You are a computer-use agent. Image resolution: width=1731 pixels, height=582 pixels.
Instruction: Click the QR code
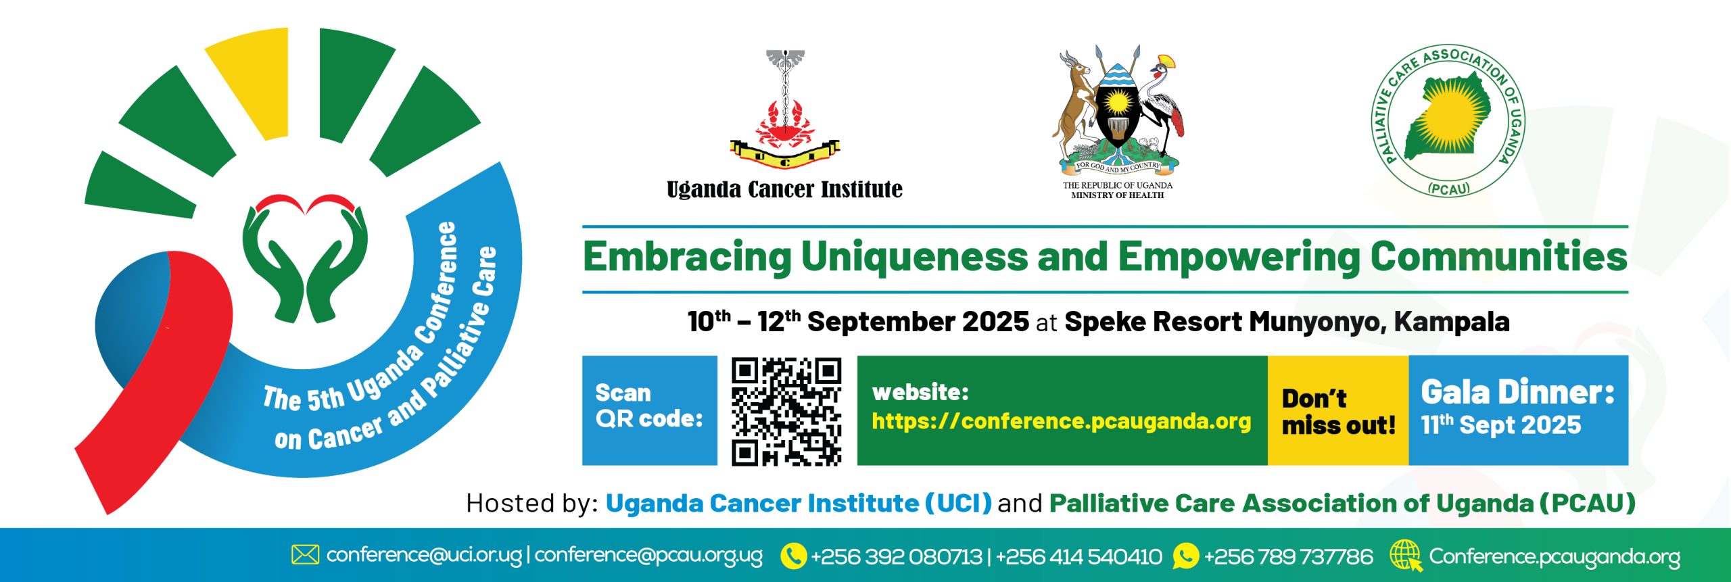point(786,411)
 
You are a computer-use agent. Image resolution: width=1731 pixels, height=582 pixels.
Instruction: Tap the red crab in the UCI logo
point(785,124)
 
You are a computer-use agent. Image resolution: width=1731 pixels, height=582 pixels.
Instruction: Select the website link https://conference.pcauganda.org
point(1061,421)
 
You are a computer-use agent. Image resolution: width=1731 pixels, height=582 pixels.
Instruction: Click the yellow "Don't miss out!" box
point(1337,410)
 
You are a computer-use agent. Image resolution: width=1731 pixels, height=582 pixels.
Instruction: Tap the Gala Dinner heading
point(1517,392)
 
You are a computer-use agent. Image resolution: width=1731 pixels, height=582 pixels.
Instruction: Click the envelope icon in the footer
point(305,555)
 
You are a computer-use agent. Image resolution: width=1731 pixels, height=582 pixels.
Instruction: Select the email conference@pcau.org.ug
point(648,556)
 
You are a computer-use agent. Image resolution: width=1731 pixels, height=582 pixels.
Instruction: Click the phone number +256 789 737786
point(1289,556)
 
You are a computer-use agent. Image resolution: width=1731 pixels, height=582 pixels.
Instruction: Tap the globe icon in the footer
point(1406,556)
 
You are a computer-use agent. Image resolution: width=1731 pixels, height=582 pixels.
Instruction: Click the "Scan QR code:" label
point(649,406)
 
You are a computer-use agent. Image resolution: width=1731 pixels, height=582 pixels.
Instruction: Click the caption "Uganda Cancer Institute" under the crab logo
point(784,189)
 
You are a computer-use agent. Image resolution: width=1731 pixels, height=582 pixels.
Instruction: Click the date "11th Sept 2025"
point(1500,425)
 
